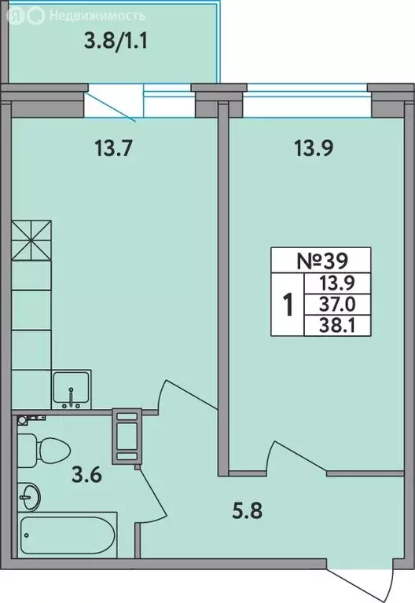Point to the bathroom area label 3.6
point(86,475)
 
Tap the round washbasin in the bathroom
point(31,495)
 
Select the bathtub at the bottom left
point(67,536)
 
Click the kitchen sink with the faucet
point(72,389)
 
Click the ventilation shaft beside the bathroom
point(127,435)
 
